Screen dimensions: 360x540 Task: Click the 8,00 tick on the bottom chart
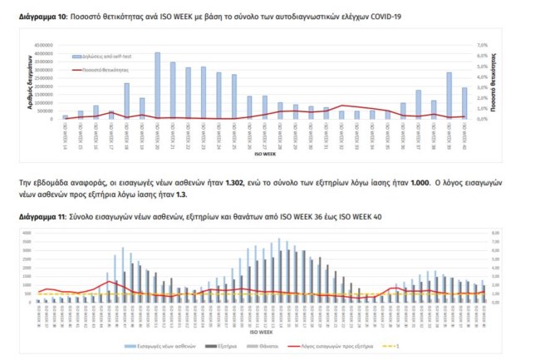tap(497, 233)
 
